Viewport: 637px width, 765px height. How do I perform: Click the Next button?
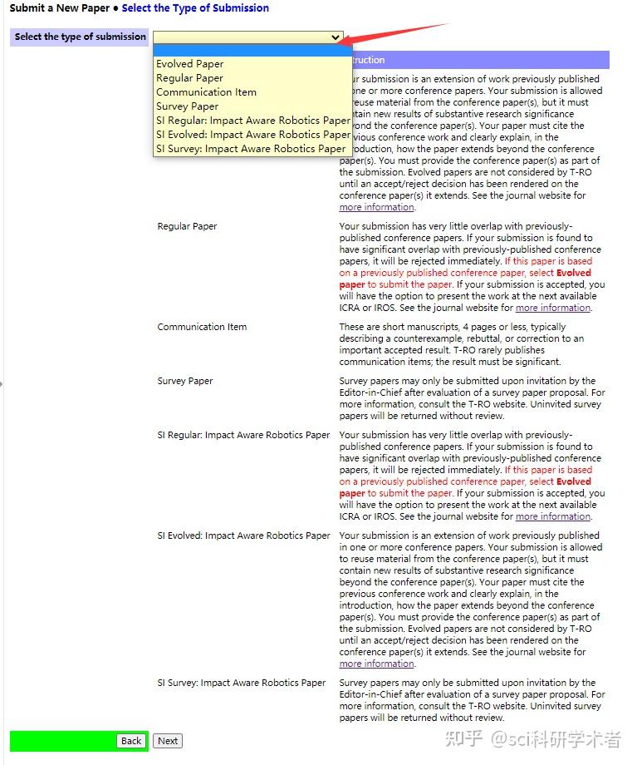168,741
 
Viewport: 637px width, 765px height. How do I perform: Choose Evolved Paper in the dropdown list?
190,64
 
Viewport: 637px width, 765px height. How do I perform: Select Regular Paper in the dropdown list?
189,78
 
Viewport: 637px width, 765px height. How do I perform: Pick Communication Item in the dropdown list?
206,92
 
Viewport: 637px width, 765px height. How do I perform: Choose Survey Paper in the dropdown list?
187,106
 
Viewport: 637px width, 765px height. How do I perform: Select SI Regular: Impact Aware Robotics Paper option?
253,121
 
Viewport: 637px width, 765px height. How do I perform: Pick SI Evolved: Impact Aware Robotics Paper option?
253,135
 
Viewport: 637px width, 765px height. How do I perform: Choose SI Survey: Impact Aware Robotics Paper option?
251,149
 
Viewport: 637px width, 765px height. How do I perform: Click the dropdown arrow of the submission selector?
336,37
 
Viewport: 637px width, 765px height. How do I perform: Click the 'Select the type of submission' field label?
81,37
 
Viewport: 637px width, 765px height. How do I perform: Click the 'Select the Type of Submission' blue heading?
195,8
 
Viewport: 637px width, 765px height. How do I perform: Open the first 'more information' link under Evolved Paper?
376,207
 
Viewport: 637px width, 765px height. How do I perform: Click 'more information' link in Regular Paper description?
553,308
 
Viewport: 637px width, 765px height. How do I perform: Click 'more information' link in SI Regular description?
553,516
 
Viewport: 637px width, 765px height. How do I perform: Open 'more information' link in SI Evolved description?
376,664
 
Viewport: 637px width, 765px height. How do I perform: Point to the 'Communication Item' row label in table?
202,327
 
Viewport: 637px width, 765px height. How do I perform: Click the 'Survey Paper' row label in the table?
185,381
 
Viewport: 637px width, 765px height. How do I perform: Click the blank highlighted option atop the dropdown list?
252,51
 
